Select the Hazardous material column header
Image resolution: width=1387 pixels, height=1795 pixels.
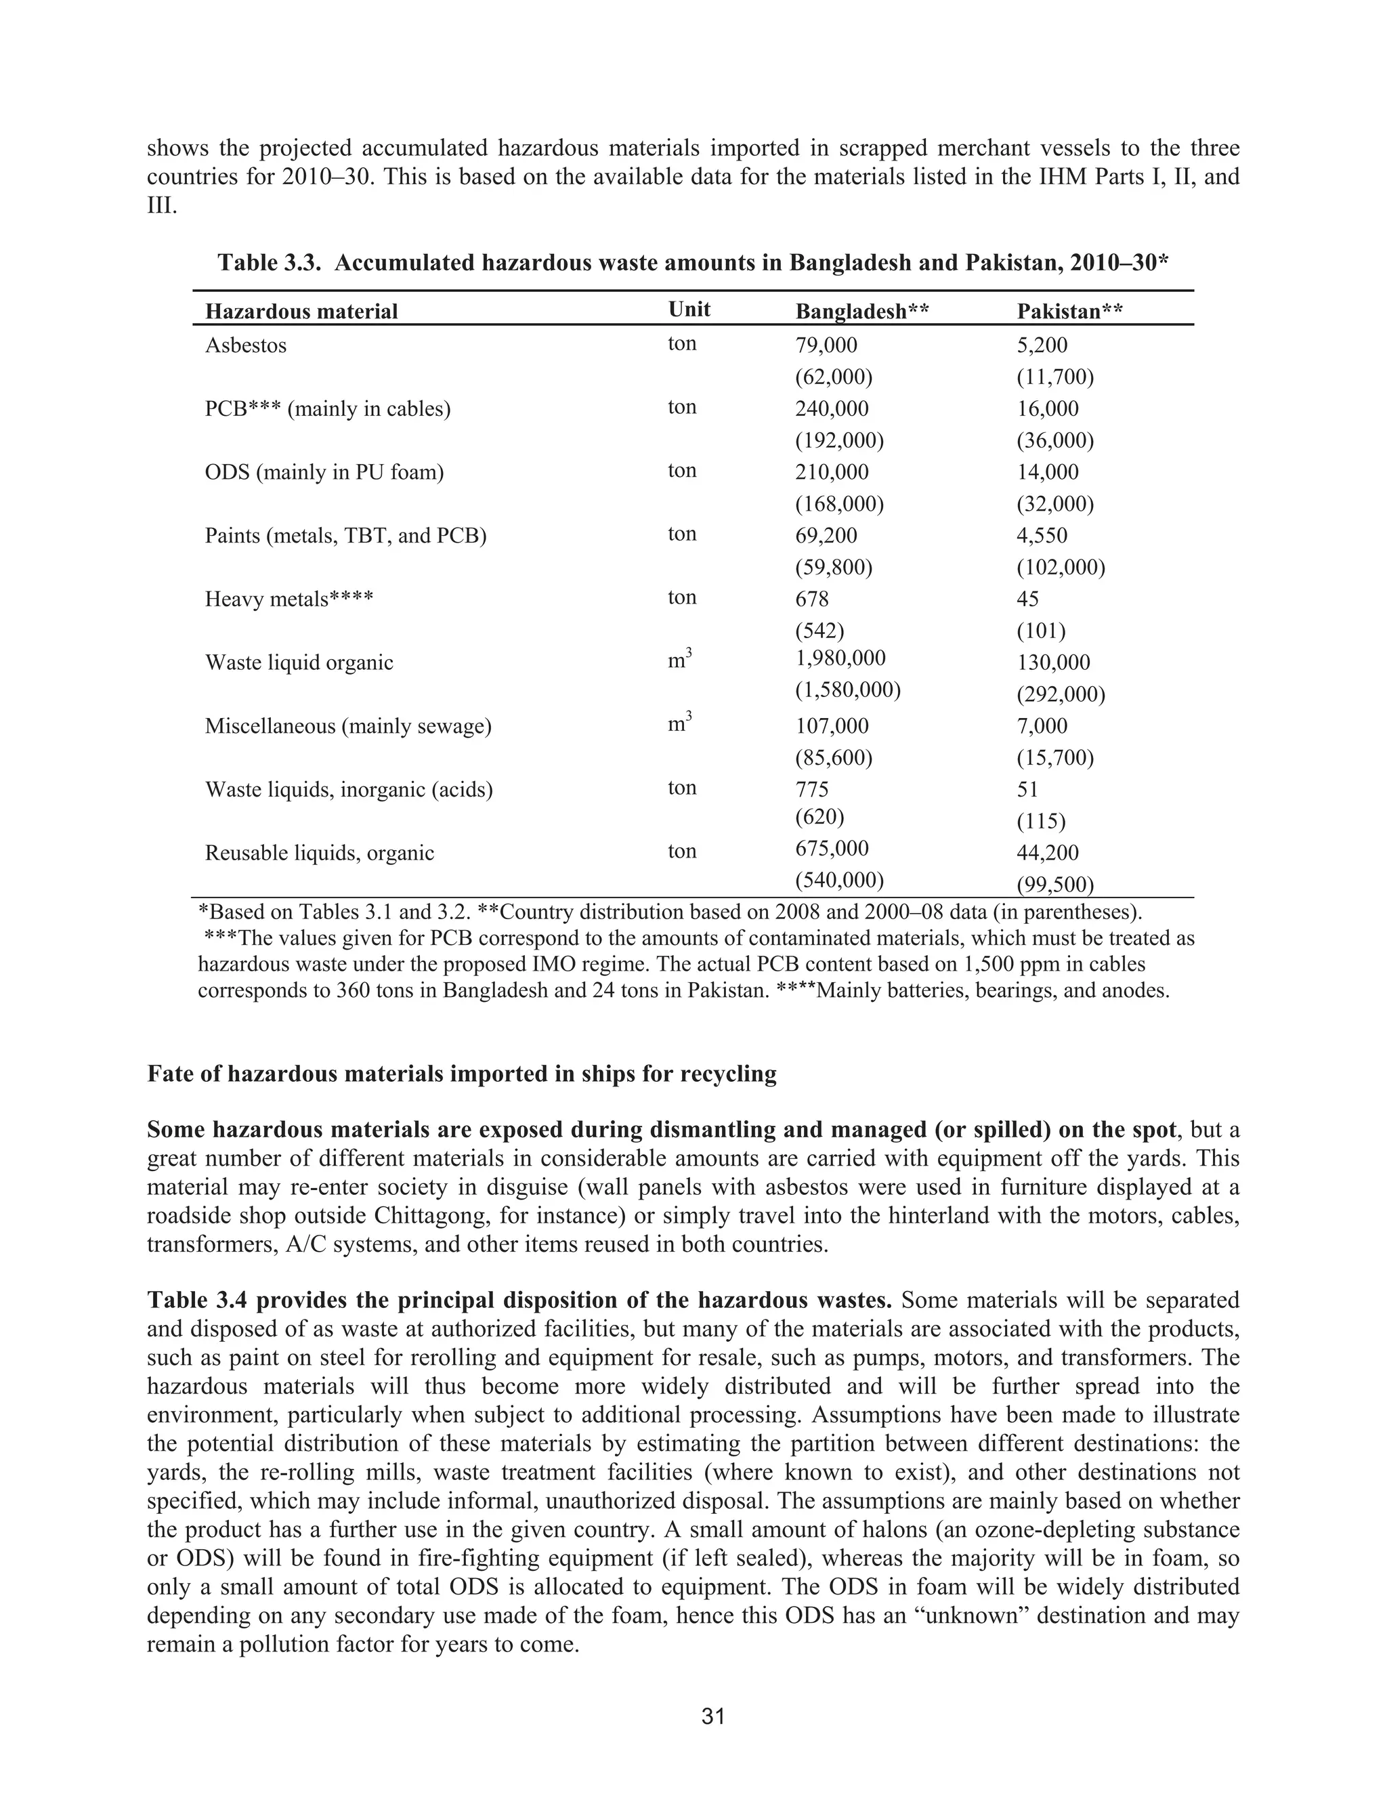point(301,312)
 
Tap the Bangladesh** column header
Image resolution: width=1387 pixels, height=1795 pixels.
point(862,312)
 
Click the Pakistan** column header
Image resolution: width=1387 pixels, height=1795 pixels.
point(1070,312)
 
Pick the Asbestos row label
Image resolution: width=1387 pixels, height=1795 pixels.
point(246,345)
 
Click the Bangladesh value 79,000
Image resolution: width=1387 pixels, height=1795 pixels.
point(826,345)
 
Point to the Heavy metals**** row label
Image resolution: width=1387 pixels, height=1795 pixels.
point(289,599)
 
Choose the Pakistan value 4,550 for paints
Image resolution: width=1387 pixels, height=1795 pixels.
point(1042,536)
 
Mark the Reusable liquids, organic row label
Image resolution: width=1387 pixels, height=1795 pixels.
point(319,853)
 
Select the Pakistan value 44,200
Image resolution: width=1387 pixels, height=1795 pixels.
point(1048,853)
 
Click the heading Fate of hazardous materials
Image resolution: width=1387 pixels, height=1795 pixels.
point(461,1074)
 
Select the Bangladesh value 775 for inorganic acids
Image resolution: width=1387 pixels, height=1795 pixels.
point(812,790)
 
